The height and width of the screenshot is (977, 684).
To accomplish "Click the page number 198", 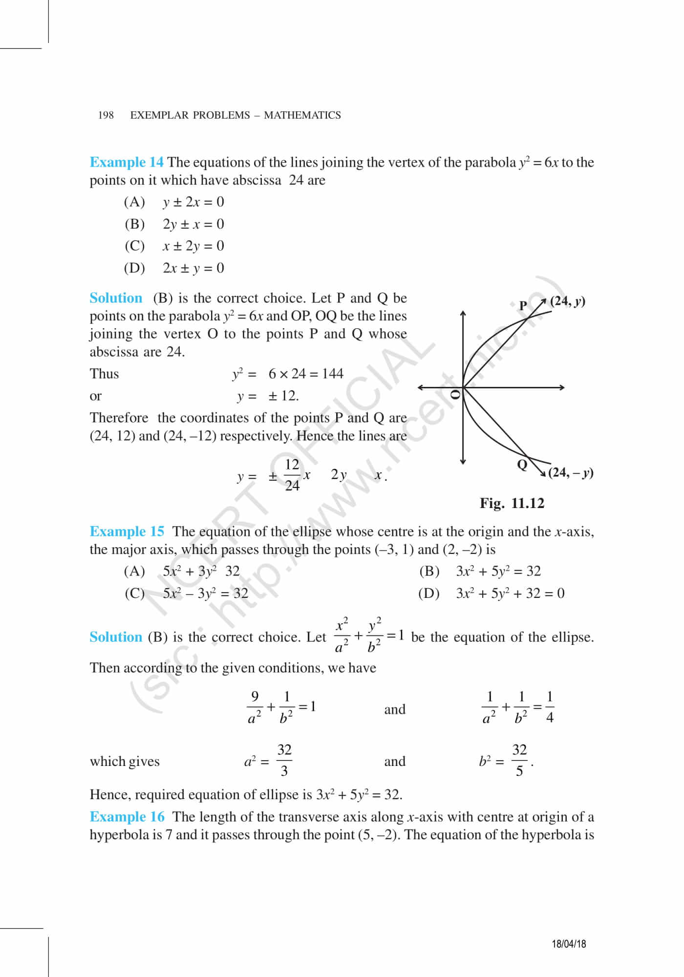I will (x=106, y=115).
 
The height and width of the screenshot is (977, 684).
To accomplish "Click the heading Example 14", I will (x=127, y=162).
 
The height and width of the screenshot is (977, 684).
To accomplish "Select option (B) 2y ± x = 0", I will (x=174, y=224).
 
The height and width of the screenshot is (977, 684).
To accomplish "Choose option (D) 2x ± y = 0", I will (x=174, y=268).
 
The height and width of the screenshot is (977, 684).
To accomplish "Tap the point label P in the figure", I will (x=523, y=306).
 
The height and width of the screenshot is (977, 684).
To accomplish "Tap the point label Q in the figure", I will (x=522, y=464).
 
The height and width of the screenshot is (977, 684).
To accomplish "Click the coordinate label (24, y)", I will (x=567, y=301).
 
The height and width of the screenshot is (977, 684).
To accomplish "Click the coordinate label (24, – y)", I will (x=570, y=472).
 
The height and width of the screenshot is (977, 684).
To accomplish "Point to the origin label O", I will (x=455, y=394).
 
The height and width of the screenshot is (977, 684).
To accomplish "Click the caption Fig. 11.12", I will (x=512, y=503).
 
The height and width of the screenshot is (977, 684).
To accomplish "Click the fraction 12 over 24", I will (x=292, y=474).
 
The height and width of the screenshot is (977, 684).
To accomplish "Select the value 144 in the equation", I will (x=333, y=374).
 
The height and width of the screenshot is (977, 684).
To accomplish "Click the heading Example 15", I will (x=127, y=531).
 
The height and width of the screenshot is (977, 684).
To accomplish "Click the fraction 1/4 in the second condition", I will (x=550, y=707).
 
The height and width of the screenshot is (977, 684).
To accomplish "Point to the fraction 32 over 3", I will (x=284, y=760).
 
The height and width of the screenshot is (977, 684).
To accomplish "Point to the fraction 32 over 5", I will (x=519, y=760).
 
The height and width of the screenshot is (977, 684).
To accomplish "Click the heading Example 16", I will (x=127, y=817).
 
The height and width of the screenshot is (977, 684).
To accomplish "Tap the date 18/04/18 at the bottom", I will (x=569, y=943).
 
